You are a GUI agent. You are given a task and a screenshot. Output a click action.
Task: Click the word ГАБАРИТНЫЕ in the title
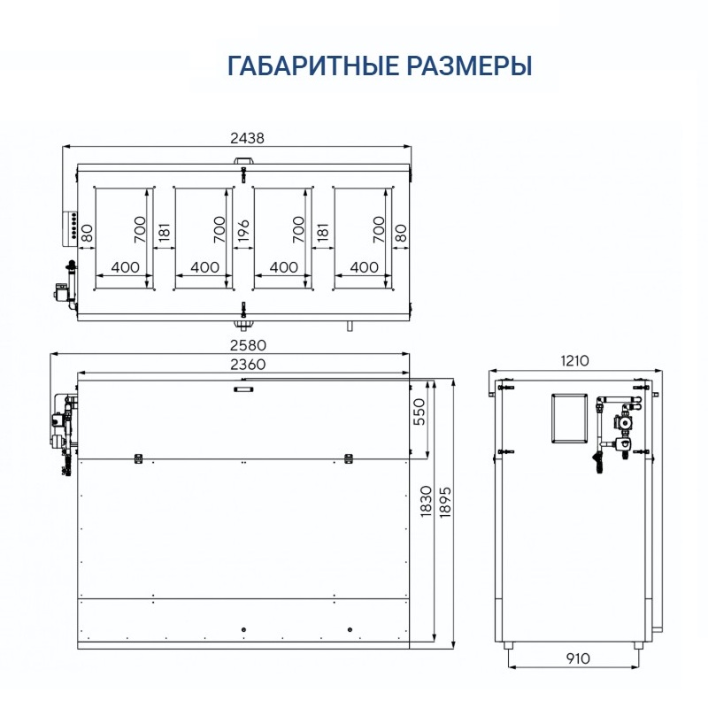pyautogui.click(x=313, y=65)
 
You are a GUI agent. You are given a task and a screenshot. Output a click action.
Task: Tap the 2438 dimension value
pyautogui.click(x=247, y=138)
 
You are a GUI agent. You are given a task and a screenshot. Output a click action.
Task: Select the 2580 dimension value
pyautogui.click(x=248, y=345)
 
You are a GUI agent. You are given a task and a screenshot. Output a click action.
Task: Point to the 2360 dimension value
pyautogui.click(x=248, y=364)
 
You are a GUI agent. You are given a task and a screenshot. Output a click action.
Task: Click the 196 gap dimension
pyautogui.click(x=243, y=231)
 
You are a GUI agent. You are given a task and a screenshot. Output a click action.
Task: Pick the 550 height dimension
pyautogui.click(x=419, y=412)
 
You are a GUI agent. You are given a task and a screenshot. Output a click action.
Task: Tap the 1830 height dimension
pyautogui.click(x=426, y=501)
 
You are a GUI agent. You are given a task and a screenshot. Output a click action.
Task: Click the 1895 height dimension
pyautogui.click(x=445, y=501)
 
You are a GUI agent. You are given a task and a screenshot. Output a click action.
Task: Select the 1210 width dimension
pyautogui.click(x=574, y=361)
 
